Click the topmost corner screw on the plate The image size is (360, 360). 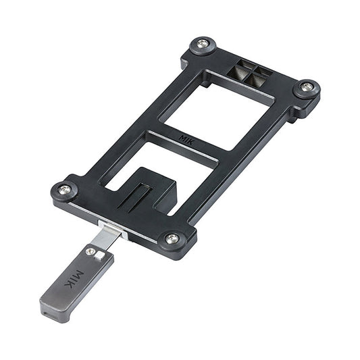point(203,46)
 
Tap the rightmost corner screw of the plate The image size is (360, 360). point(307,86)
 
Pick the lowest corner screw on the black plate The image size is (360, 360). point(173,238)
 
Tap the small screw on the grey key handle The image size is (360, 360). point(91,251)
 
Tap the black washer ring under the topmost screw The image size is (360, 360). point(203,53)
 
